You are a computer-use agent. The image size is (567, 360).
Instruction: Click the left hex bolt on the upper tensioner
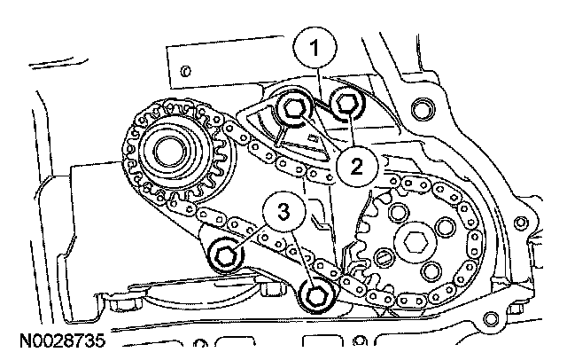pos(291,111)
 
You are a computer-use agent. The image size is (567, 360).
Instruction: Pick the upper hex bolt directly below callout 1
pos(345,105)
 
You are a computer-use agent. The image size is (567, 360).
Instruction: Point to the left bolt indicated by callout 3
pos(225,255)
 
